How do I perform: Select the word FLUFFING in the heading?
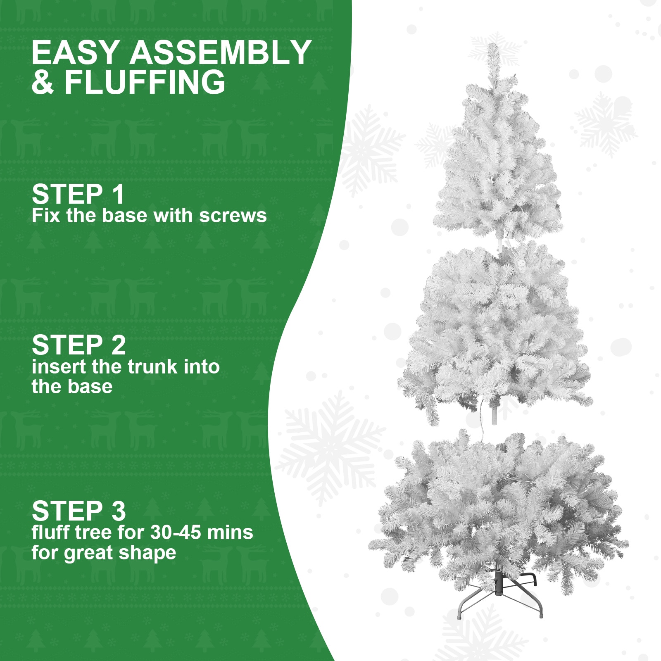[145, 82]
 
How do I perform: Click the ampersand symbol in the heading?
[43, 82]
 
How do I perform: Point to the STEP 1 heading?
[78, 194]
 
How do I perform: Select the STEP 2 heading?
[78, 345]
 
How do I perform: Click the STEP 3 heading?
[78, 511]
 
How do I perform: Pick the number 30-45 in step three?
[176, 533]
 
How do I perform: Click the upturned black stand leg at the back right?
[533, 579]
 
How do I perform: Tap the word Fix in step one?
[46, 216]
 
